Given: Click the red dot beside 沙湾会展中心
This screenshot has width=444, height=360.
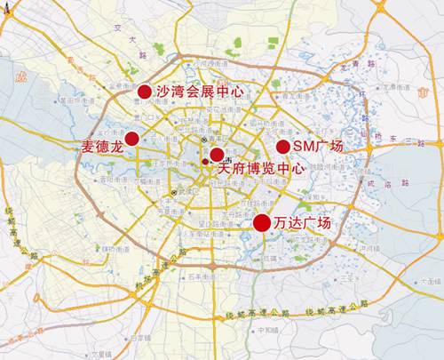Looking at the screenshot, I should [145, 91].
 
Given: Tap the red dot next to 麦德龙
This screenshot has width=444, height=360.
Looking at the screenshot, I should [132, 138].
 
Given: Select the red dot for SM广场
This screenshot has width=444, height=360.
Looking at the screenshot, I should [282, 147].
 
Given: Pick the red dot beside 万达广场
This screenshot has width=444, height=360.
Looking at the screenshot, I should [262, 223].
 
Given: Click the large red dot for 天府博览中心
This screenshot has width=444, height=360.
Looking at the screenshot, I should [217, 155].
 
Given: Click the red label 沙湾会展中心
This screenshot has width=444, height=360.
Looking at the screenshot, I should [199, 91].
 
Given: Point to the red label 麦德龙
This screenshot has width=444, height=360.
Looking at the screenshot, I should [101, 146].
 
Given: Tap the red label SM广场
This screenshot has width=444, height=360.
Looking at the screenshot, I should [318, 146].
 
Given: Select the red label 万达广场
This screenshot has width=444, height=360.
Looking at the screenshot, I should [302, 222].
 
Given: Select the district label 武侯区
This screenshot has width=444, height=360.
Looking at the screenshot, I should [185, 191].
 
